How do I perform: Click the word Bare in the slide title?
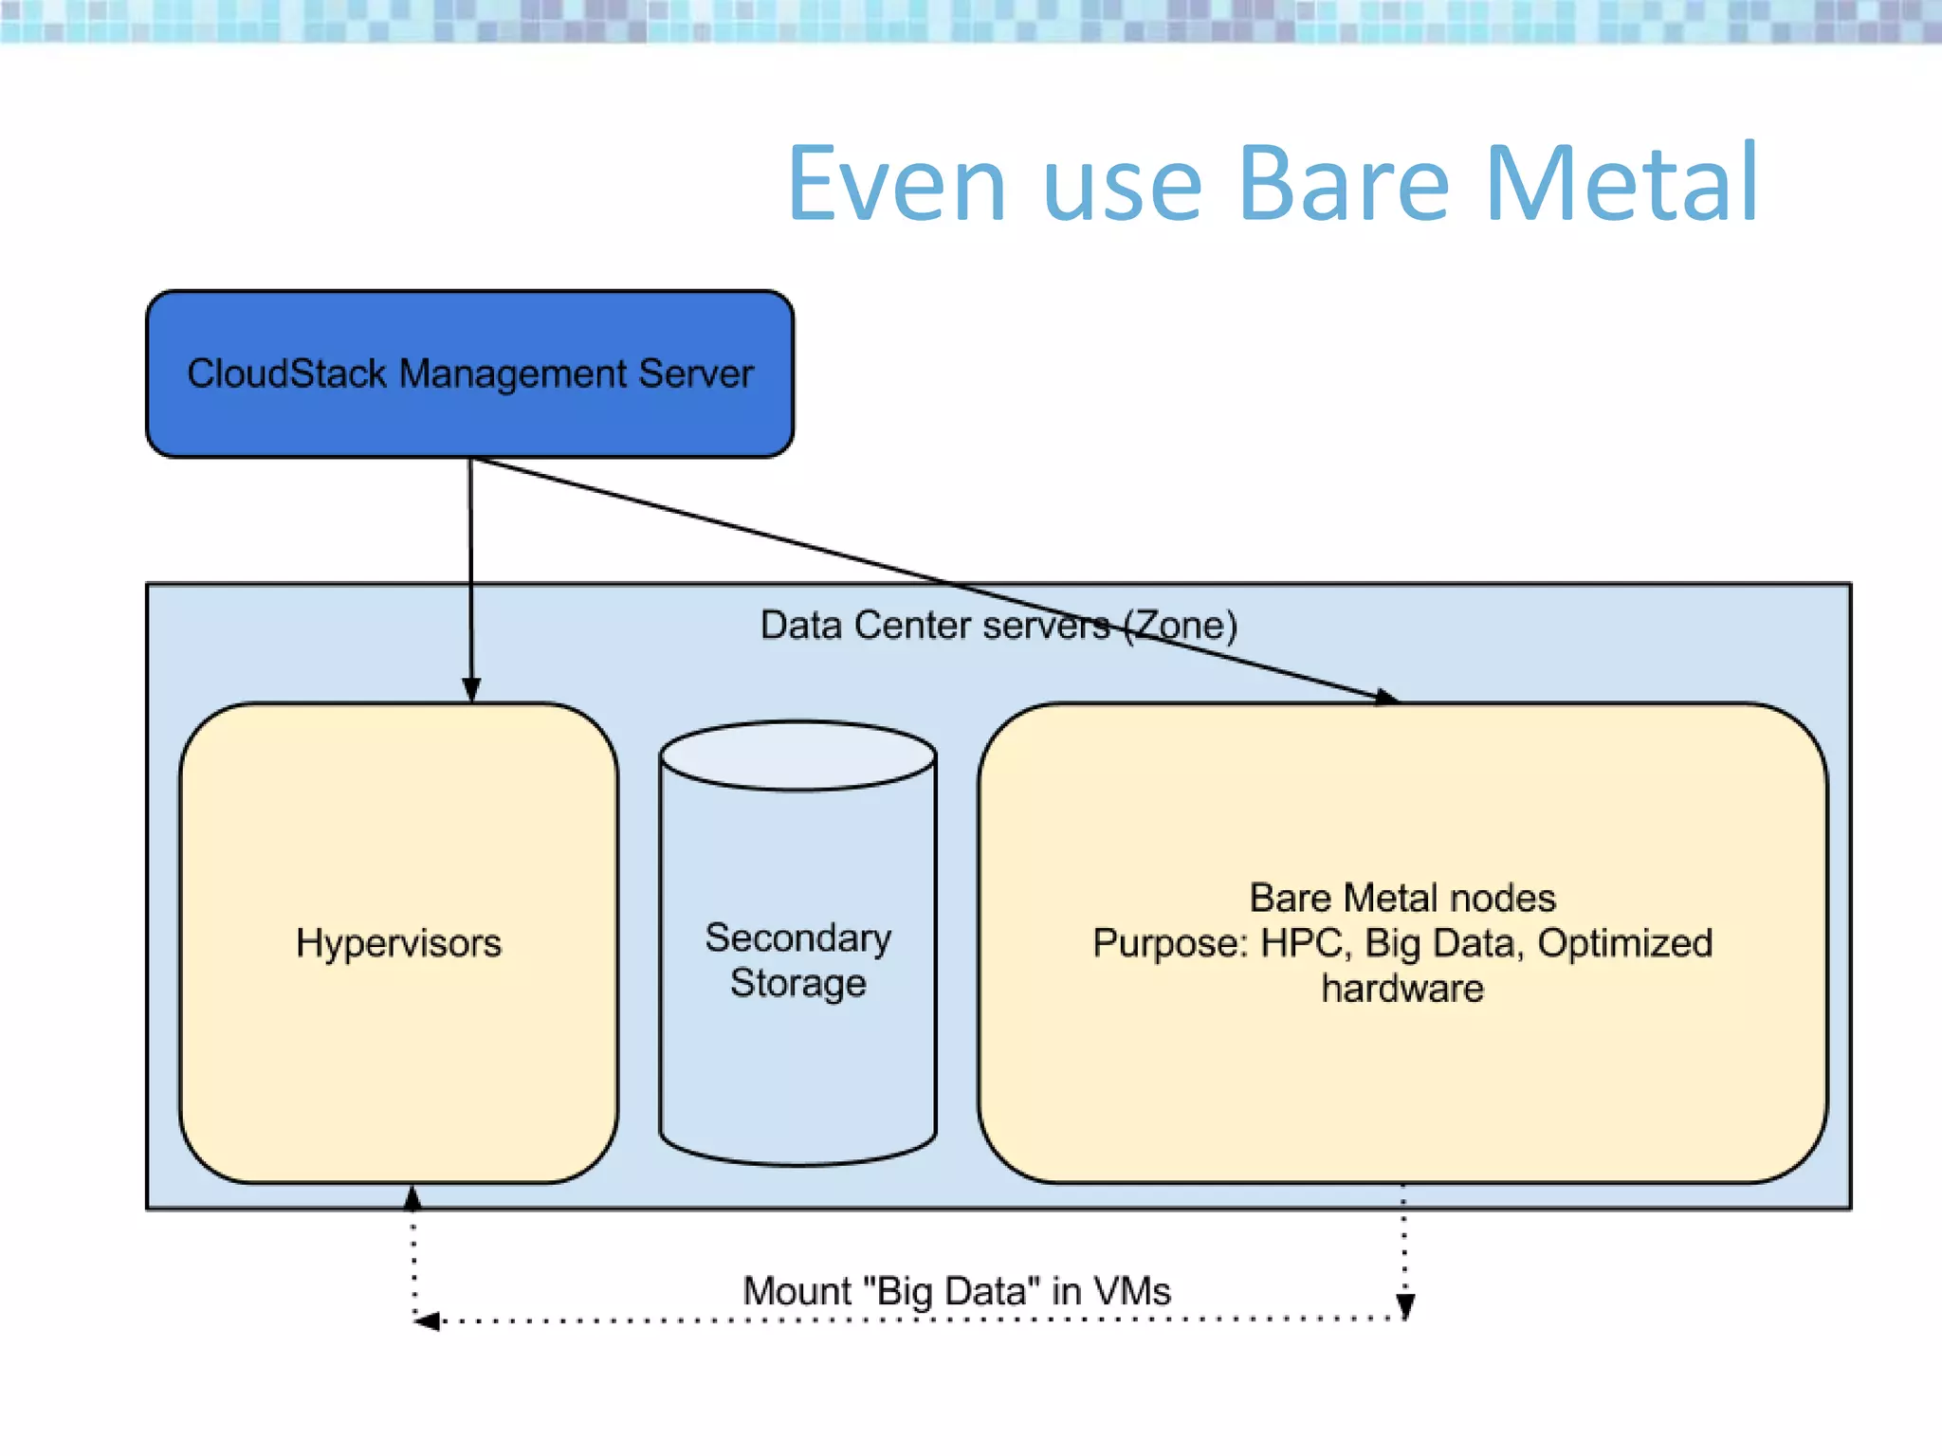[x=1343, y=184]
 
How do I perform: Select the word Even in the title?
[x=896, y=184]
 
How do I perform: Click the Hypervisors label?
[x=398, y=943]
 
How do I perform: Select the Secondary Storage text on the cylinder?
[x=797, y=960]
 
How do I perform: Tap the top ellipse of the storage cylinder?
[x=797, y=755]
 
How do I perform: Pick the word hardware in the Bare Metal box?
[x=1402, y=989]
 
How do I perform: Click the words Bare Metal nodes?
[x=1402, y=898]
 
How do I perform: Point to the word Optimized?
[x=1624, y=943]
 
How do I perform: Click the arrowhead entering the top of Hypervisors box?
[x=471, y=689]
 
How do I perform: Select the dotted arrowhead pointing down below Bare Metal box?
[x=1405, y=1306]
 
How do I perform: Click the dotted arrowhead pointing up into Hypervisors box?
[x=412, y=1199]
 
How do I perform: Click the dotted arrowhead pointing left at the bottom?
[x=428, y=1320]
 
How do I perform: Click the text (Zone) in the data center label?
[x=1181, y=626]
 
